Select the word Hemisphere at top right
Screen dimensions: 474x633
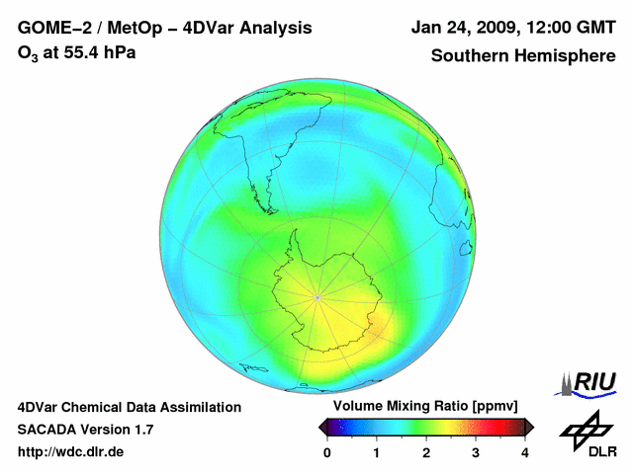(561, 56)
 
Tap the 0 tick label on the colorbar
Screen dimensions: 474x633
(327, 452)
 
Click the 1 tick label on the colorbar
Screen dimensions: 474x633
(377, 452)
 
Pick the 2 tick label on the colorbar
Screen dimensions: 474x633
(426, 452)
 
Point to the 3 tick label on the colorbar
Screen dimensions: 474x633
(476, 452)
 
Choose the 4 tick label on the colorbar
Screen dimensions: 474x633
(525, 452)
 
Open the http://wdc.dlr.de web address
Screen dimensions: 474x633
(71, 452)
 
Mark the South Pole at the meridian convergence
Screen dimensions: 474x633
(316, 296)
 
